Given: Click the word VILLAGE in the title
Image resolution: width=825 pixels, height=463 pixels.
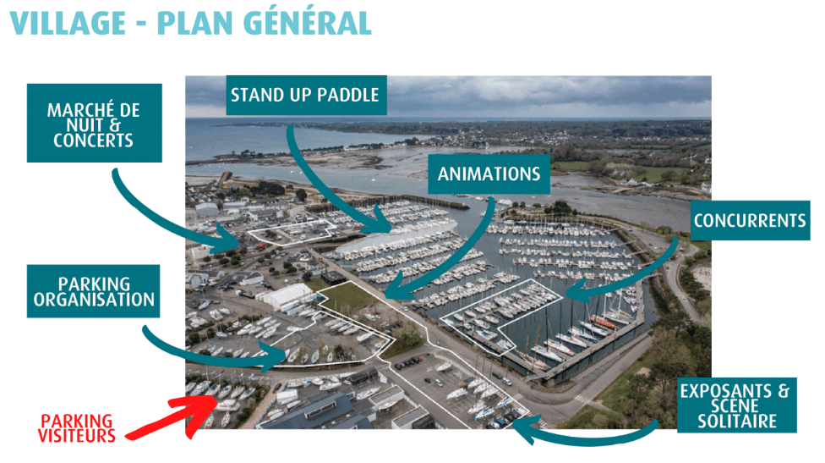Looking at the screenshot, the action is pyautogui.click(x=68, y=23).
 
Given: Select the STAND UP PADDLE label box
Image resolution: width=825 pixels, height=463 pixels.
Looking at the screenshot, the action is pyautogui.click(x=306, y=95).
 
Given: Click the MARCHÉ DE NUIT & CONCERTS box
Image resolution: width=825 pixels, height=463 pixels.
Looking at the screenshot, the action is pyautogui.click(x=94, y=123).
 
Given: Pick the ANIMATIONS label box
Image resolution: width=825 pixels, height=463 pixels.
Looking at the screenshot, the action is pyautogui.click(x=489, y=174).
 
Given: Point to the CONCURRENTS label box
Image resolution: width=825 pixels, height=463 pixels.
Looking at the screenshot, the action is pyautogui.click(x=750, y=220).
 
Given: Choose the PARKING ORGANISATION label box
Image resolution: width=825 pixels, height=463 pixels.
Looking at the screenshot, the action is pyautogui.click(x=93, y=291).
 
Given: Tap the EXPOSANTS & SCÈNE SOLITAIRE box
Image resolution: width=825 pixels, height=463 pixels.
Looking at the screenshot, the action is pyautogui.click(x=736, y=405).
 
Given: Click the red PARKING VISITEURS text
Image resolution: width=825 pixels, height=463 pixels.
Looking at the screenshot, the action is pyautogui.click(x=77, y=428).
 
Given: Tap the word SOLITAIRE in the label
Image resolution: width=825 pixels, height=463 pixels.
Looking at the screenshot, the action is pyautogui.click(x=737, y=422).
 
